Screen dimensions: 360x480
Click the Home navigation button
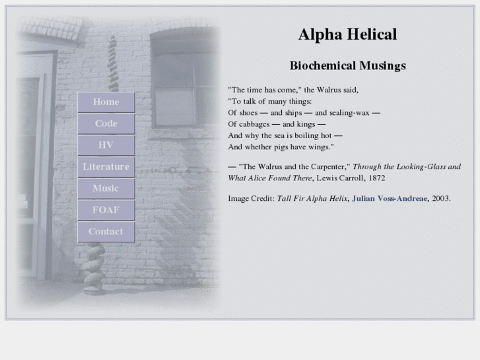[x=106, y=102]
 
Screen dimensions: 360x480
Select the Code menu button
[x=106, y=124]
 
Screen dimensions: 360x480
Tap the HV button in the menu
[x=106, y=145]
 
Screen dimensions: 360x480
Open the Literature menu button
[x=106, y=167]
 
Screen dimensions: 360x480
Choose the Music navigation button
[x=106, y=188]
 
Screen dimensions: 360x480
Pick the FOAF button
[x=106, y=210]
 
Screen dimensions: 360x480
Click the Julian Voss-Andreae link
[x=390, y=198]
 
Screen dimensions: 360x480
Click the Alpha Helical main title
[x=347, y=34]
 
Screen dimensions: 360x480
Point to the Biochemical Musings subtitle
[x=347, y=66]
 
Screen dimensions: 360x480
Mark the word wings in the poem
[x=318, y=147]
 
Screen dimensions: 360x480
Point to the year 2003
[x=440, y=198]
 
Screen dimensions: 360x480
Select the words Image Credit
[x=251, y=198]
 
